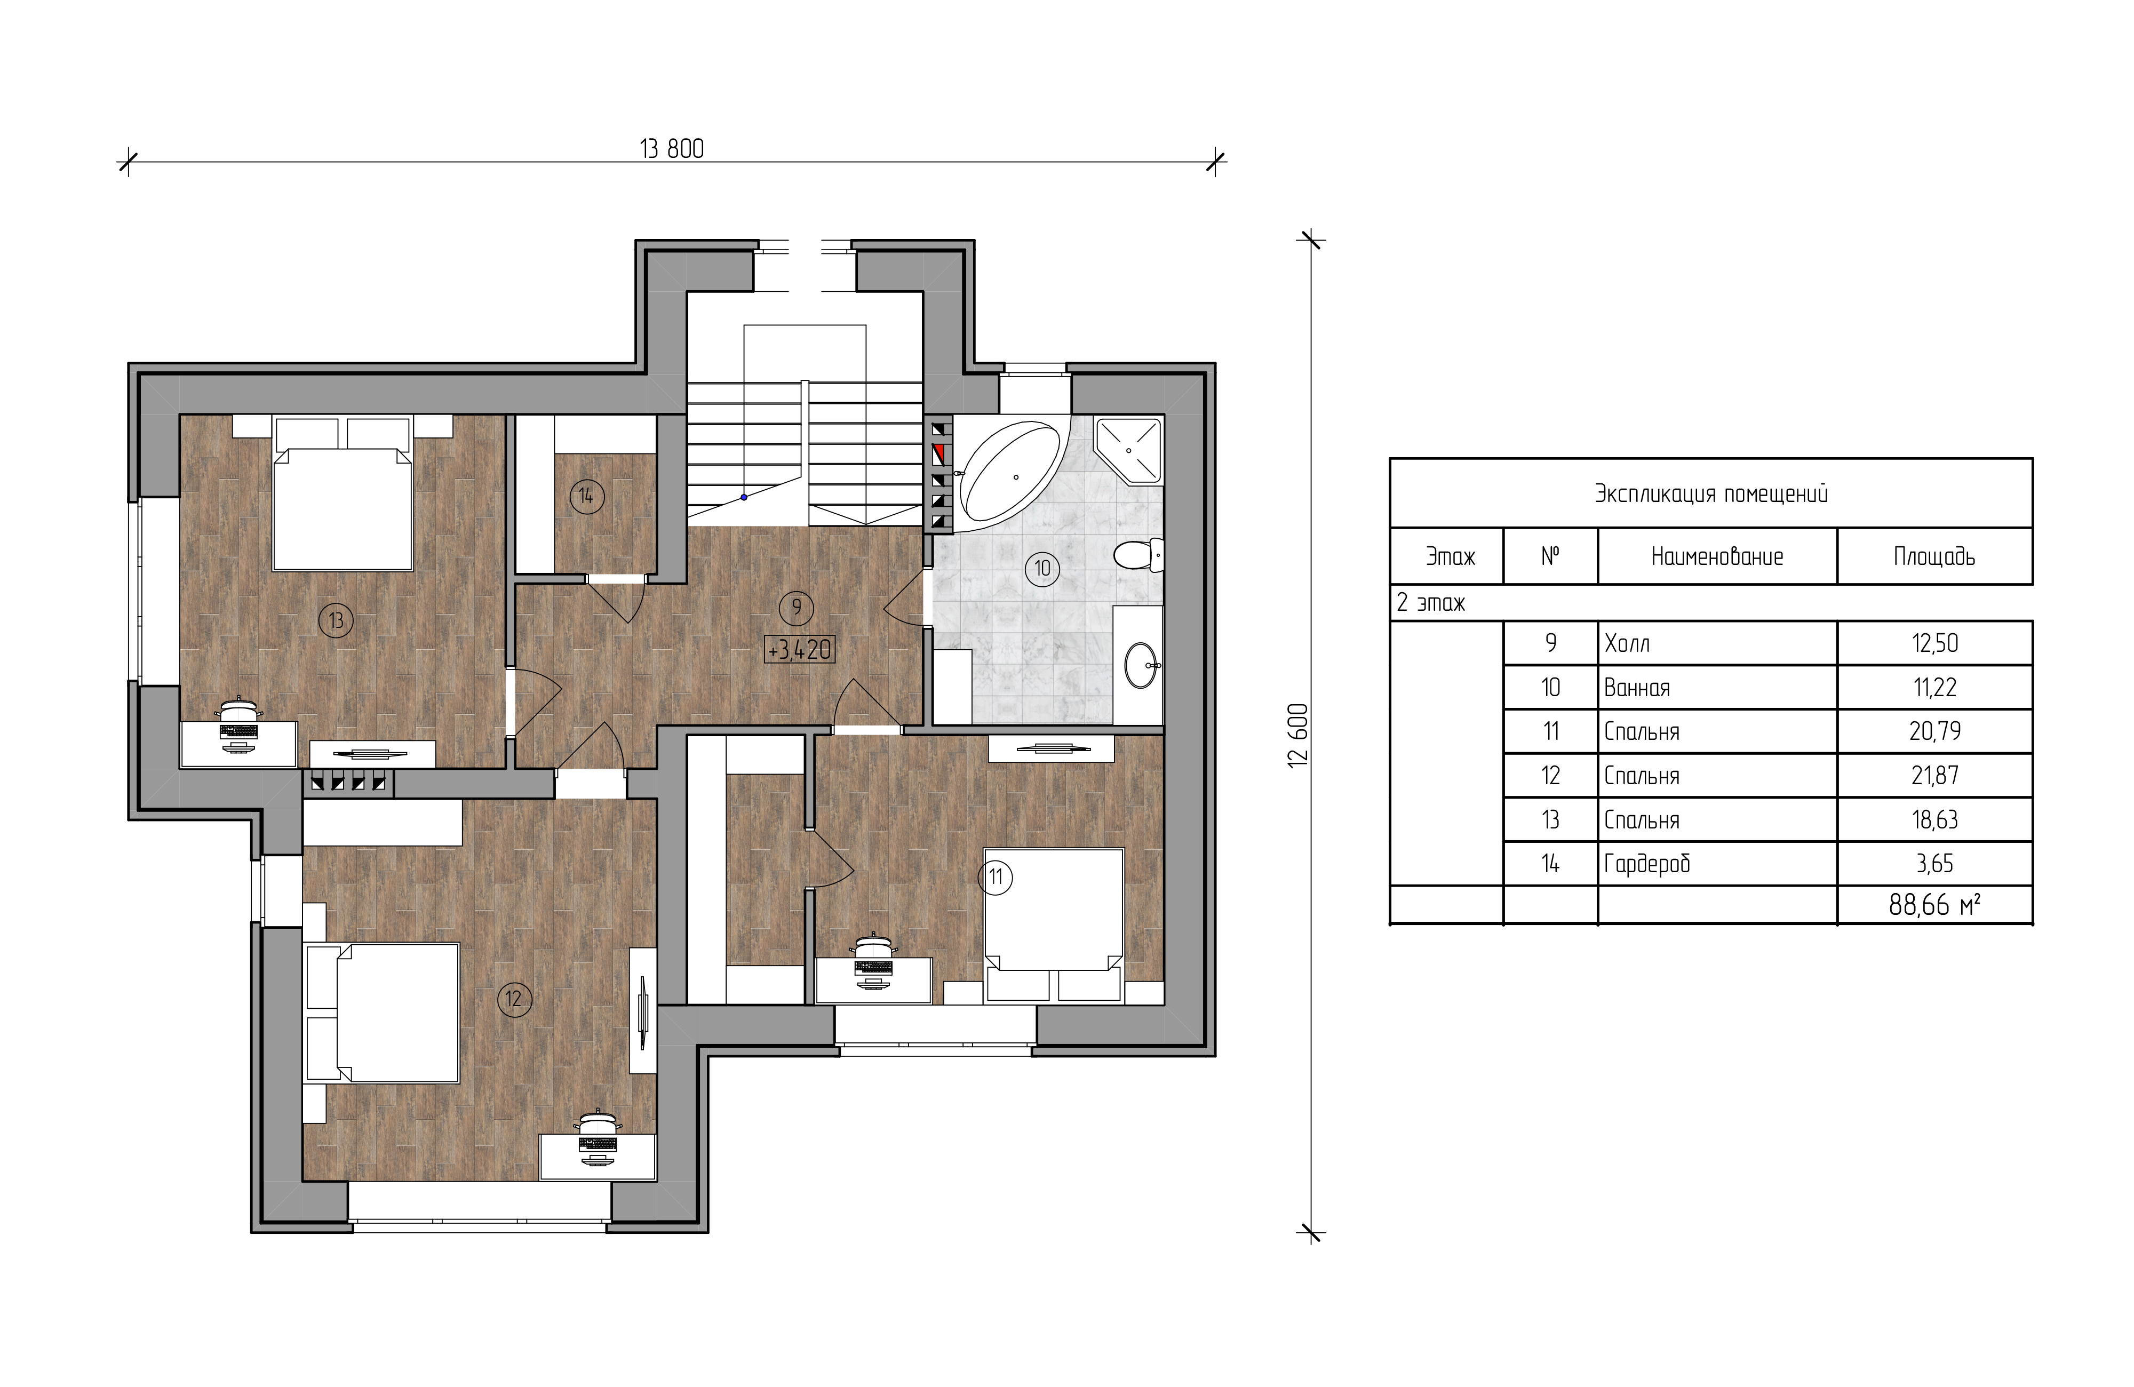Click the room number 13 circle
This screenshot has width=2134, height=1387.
click(x=336, y=620)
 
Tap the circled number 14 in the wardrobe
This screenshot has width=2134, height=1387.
click(x=585, y=496)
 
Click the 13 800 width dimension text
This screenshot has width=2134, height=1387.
click(x=672, y=149)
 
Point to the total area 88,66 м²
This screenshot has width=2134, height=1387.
click(x=1934, y=905)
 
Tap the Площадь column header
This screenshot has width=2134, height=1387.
click(x=1934, y=557)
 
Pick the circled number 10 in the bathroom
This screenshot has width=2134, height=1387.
click(x=1042, y=569)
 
